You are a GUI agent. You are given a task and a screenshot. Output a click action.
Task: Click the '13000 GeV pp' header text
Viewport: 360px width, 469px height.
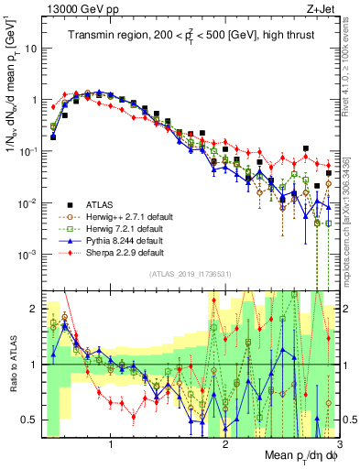[x=73, y=8]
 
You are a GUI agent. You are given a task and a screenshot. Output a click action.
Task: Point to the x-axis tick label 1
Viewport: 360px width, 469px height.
[x=112, y=446]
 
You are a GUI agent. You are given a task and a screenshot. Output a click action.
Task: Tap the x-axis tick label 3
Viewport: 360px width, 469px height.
[x=338, y=446]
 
